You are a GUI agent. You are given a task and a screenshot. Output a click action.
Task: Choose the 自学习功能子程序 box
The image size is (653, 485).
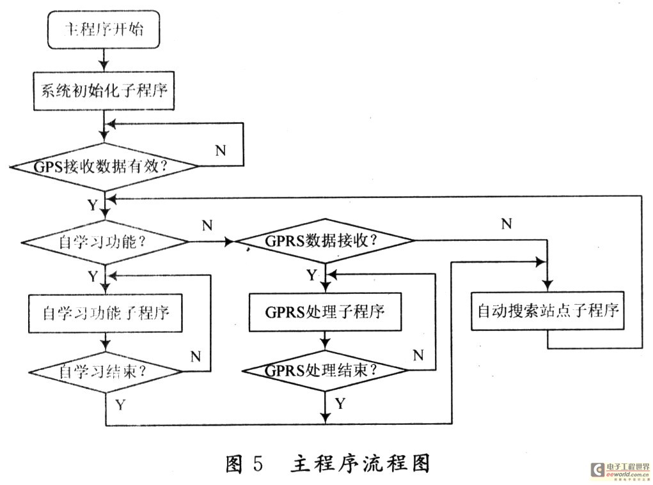(106, 313)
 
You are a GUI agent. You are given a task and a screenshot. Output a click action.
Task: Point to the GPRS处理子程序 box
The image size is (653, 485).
(324, 312)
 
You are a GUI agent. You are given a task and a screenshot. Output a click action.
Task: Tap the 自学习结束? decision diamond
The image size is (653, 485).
(106, 372)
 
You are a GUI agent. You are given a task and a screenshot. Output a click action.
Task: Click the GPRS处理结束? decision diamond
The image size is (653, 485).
(324, 371)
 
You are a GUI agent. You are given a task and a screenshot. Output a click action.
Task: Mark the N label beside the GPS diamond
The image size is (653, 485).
(220, 151)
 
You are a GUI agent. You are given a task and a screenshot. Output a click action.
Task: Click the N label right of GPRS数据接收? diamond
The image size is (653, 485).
(506, 224)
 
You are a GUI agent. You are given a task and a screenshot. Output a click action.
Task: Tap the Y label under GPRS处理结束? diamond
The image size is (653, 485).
(340, 403)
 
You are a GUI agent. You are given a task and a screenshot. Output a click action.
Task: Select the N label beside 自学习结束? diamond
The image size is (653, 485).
(196, 355)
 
